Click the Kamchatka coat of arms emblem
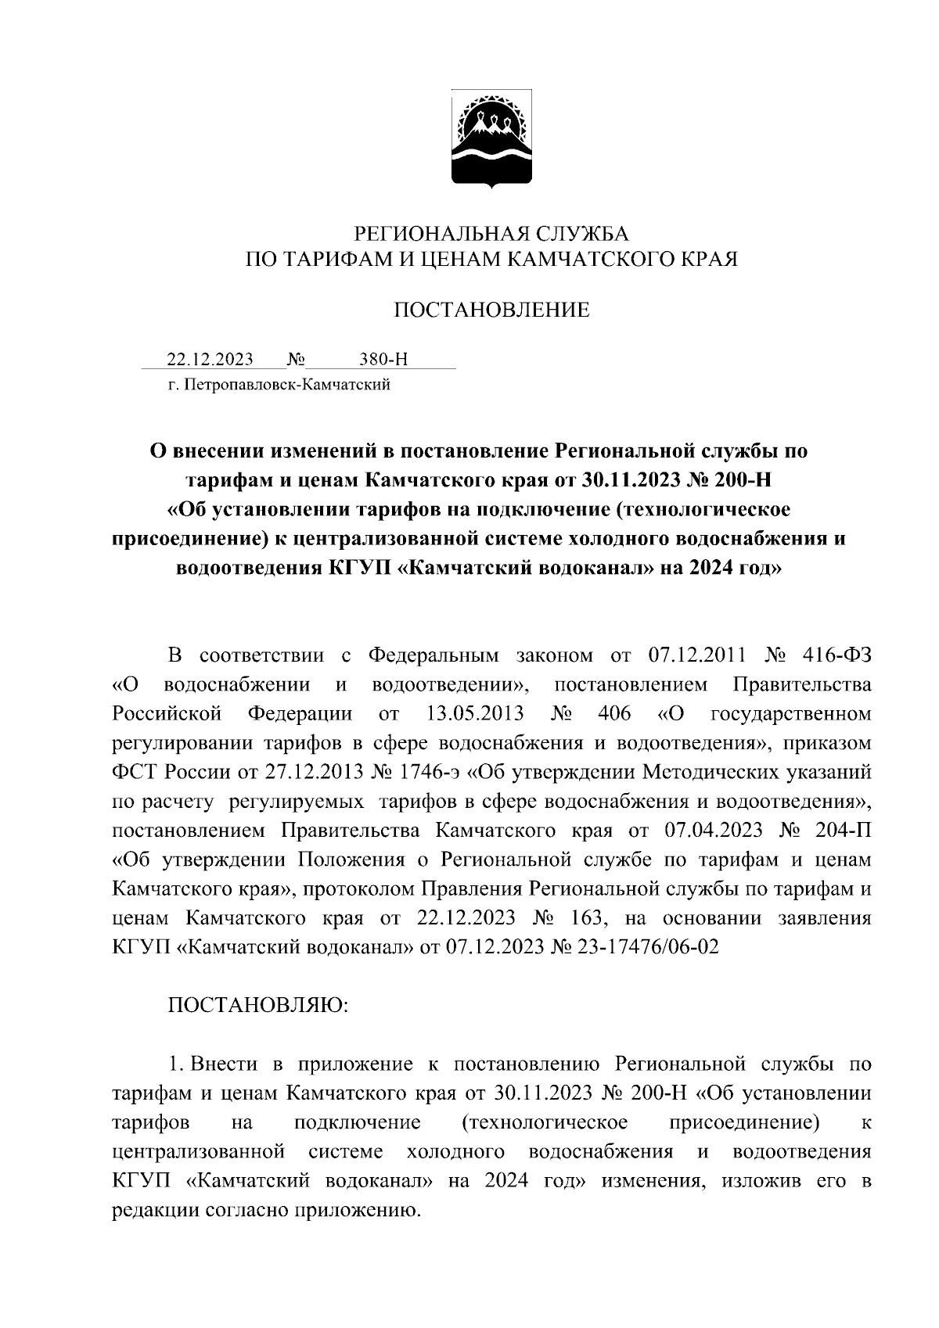[491, 139]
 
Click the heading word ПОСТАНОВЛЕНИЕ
[491, 311]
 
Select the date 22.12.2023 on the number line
[210, 360]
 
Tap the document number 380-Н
[383, 360]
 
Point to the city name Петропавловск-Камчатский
[286, 384]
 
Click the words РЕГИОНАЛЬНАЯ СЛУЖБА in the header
[491, 233]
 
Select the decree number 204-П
[842, 830]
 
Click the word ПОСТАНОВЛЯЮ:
[258, 1005]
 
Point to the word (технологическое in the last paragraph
[545, 1123]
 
